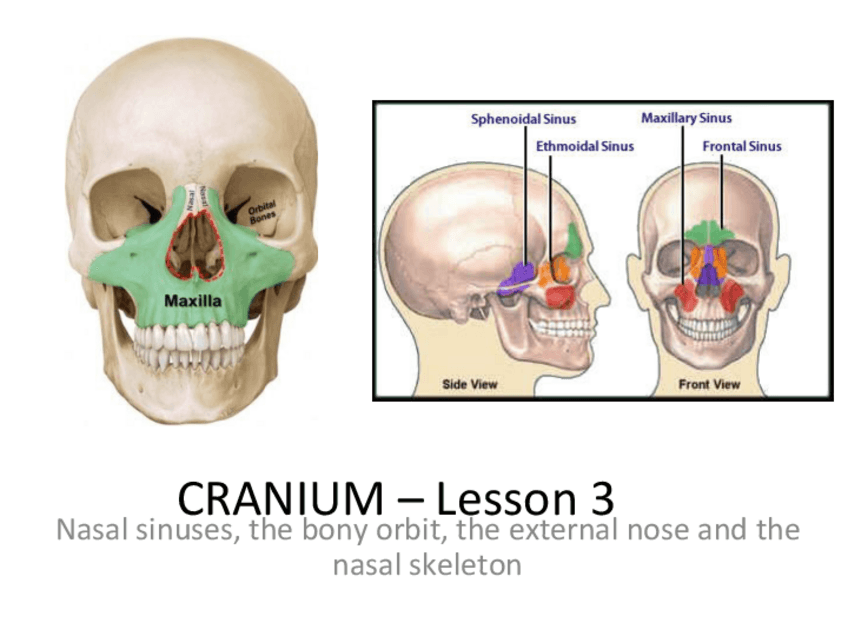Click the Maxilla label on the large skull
(194, 300)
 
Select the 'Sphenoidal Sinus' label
(523, 120)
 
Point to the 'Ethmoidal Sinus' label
(584, 146)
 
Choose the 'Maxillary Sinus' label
(686, 119)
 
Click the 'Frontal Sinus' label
(741, 146)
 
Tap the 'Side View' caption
(470, 384)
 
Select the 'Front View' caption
(709, 384)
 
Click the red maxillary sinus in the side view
(561, 295)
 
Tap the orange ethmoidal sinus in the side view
(553, 270)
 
